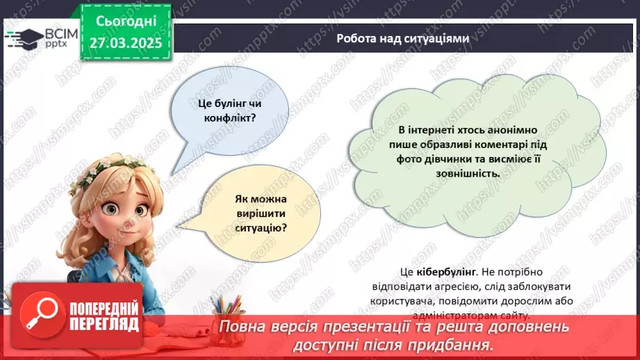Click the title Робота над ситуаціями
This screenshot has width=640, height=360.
pyautogui.click(x=402, y=39)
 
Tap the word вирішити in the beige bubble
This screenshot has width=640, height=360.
pyautogui.click(x=261, y=212)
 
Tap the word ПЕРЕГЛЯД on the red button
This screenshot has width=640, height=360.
pyautogui.click(x=104, y=324)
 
